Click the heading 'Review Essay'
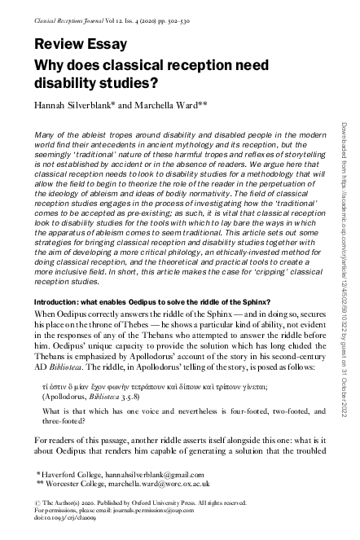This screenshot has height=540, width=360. [77, 44]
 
